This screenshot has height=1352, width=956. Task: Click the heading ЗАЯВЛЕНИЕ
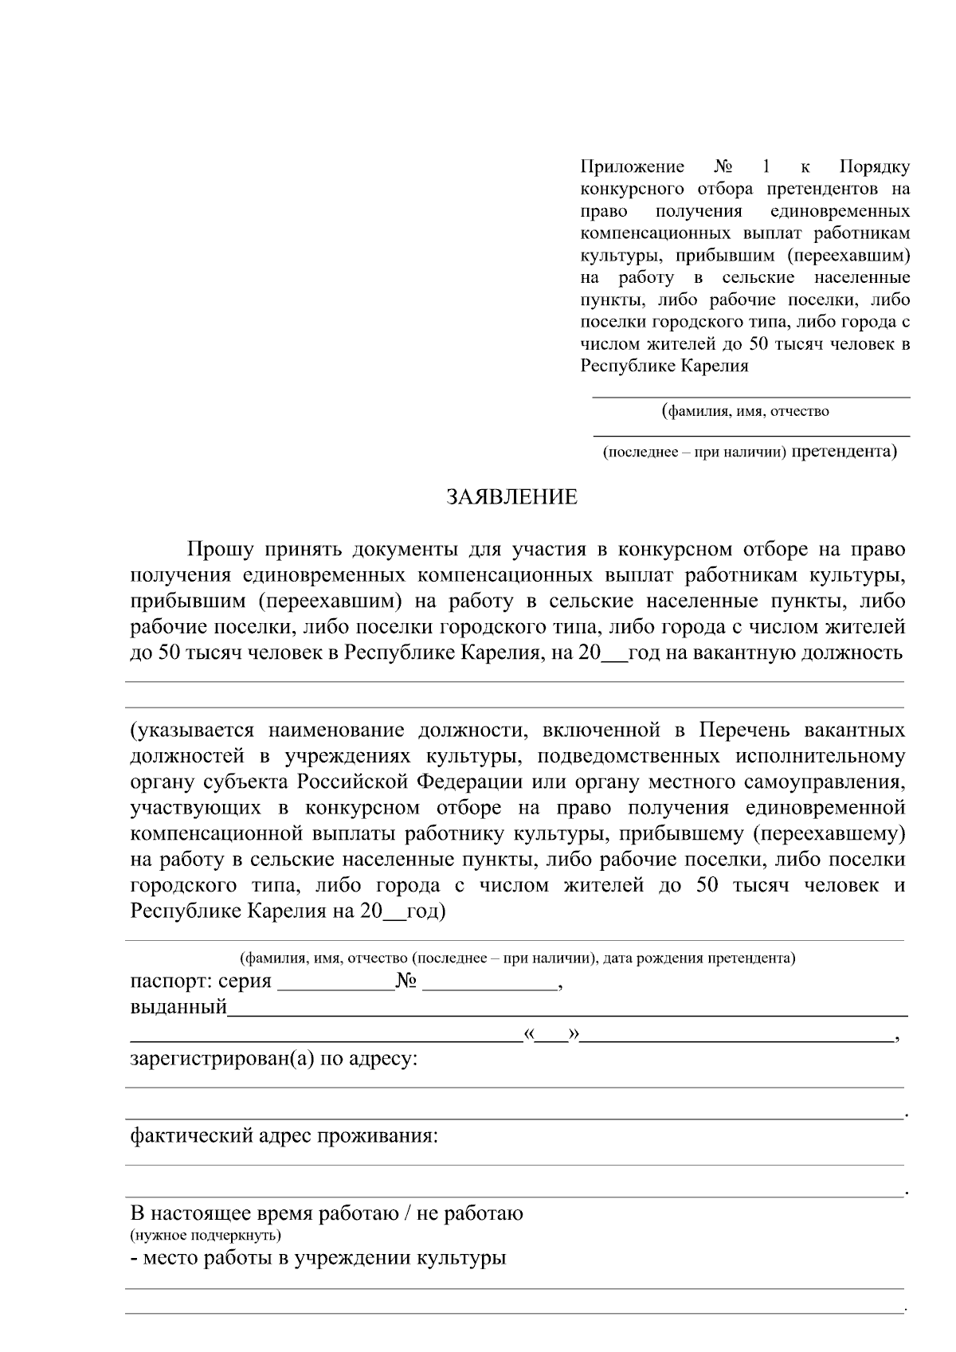[511, 497]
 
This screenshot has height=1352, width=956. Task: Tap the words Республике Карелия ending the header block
[664, 366]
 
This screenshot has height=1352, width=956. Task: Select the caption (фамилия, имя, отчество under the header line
[746, 411]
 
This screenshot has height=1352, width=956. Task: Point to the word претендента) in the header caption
[845, 452]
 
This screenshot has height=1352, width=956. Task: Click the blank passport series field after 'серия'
[335, 982]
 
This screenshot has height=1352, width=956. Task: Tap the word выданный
[178, 1007]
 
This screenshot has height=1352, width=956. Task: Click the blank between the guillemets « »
[551, 1035]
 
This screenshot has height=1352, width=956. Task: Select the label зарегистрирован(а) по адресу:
[274, 1060]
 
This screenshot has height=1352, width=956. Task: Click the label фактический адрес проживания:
[284, 1135]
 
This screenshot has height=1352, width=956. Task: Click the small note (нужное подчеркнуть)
[205, 1236]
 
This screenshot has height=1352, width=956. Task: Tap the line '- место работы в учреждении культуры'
[318, 1258]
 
